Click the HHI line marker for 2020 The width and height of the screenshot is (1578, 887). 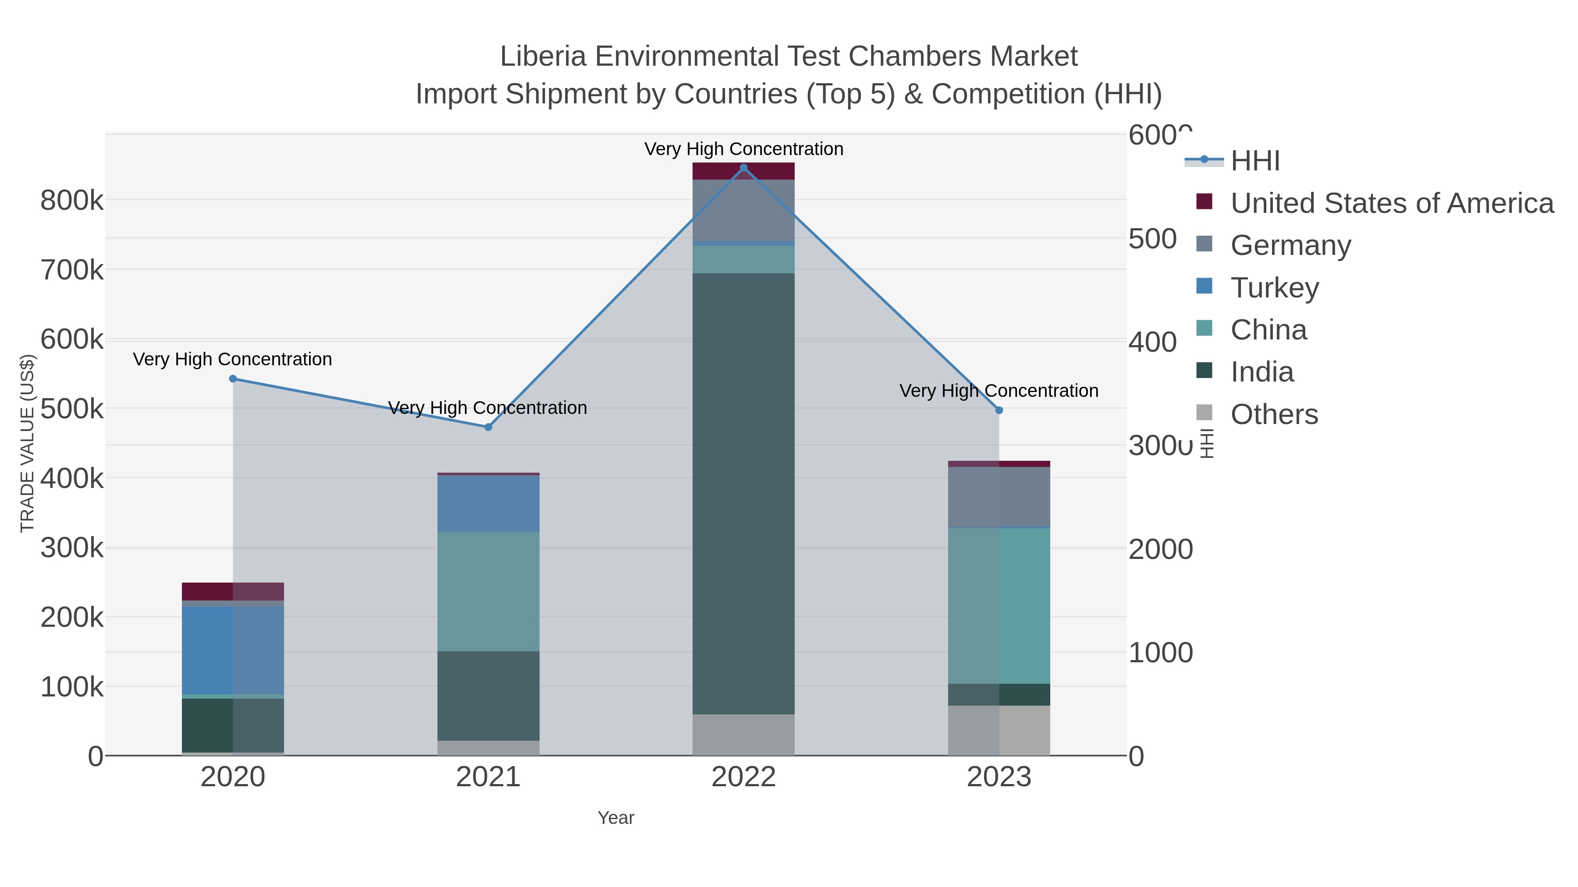[233, 379]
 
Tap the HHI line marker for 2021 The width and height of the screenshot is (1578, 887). [488, 427]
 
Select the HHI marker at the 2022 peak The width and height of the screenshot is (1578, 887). [744, 168]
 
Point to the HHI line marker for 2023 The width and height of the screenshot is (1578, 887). [999, 410]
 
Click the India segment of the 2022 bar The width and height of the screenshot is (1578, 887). [744, 493]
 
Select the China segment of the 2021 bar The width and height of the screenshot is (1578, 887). [488, 591]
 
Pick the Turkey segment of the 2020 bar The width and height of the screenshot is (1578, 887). [233, 650]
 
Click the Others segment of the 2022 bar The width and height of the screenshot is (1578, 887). [744, 735]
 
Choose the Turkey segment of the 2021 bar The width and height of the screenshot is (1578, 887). [488, 504]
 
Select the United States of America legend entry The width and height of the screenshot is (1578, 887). [1392, 203]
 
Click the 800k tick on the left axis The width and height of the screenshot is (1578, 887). [72, 200]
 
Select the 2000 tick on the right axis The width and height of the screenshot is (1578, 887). [1160, 549]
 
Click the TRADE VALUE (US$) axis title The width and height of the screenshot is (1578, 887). [28, 443]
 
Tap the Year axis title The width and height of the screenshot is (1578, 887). [616, 818]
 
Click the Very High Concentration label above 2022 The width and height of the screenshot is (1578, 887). [744, 149]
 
